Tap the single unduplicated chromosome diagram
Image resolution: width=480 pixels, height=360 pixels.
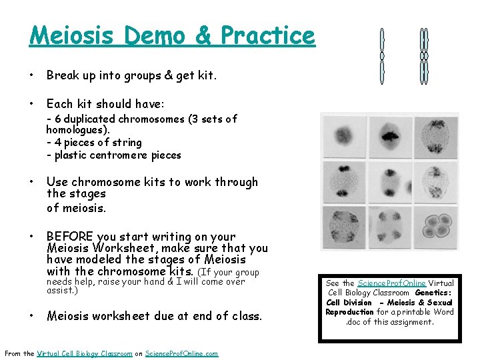click(382, 56)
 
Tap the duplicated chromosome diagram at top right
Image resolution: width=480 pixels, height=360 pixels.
click(423, 56)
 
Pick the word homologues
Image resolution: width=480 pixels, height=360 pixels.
click(77, 130)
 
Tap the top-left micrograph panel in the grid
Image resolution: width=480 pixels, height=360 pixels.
click(345, 135)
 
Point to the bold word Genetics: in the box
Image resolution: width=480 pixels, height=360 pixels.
click(434, 293)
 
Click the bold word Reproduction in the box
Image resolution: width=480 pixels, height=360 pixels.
click(350, 312)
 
